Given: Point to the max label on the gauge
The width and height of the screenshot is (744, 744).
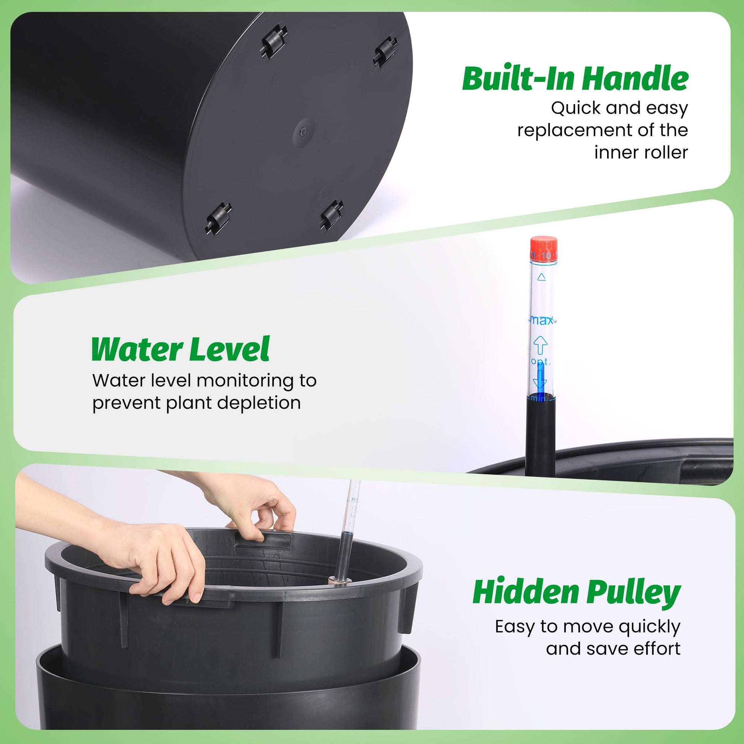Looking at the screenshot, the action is [541, 320].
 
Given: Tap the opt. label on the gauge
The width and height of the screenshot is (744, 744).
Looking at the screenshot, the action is [541, 361].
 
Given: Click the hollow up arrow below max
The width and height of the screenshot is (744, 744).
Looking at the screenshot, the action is [540, 344].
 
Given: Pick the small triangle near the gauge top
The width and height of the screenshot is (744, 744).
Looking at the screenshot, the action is [542, 276].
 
